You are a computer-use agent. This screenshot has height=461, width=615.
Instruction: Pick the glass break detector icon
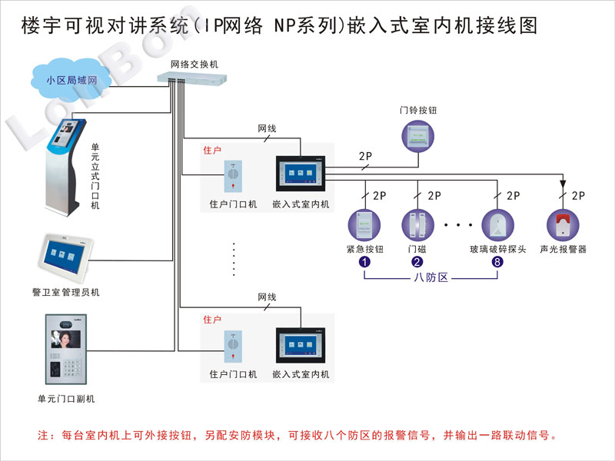click(x=496, y=223)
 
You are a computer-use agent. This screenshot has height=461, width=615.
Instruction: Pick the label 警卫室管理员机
click(x=66, y=293)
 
